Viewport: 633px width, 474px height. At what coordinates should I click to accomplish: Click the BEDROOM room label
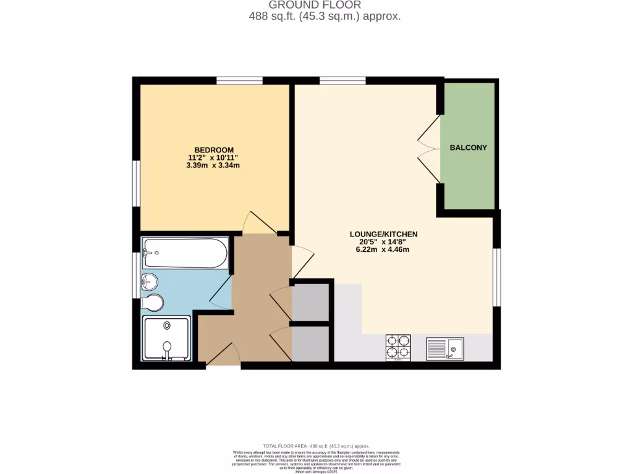click(x=213, y=150)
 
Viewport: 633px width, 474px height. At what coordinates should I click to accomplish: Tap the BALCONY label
click(x=468, y=148)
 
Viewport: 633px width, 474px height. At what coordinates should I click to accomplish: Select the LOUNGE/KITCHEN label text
click(x=383, y=235)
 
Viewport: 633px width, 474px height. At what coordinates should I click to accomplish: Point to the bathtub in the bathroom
click(x=185, y=253)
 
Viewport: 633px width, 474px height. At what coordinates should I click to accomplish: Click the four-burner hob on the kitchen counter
click(x=398, y=347)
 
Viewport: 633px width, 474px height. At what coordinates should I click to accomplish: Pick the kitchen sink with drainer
click(x=445, y=349)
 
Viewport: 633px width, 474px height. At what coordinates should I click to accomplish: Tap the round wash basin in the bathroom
click(x=150, y=283)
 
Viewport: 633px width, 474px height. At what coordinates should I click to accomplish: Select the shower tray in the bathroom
click(x=167, y=338)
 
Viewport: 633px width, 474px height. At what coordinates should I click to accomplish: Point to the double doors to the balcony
click(x=428, y=148)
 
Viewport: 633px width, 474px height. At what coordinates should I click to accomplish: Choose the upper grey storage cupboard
click(x=310, y=302)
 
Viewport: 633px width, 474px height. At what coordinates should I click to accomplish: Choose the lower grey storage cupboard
click(x=310, y=343)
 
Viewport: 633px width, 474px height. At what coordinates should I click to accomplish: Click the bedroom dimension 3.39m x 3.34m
click(x=213, y=165)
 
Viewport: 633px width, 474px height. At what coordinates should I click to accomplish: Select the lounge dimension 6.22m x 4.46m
click(x=383, y=250)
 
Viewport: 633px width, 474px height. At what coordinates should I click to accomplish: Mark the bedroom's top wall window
click(x=239, y=80)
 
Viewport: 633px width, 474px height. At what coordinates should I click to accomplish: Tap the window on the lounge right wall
click(x=496, y=277)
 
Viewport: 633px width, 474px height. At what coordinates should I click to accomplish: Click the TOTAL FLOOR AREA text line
click(x=316, y=446)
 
